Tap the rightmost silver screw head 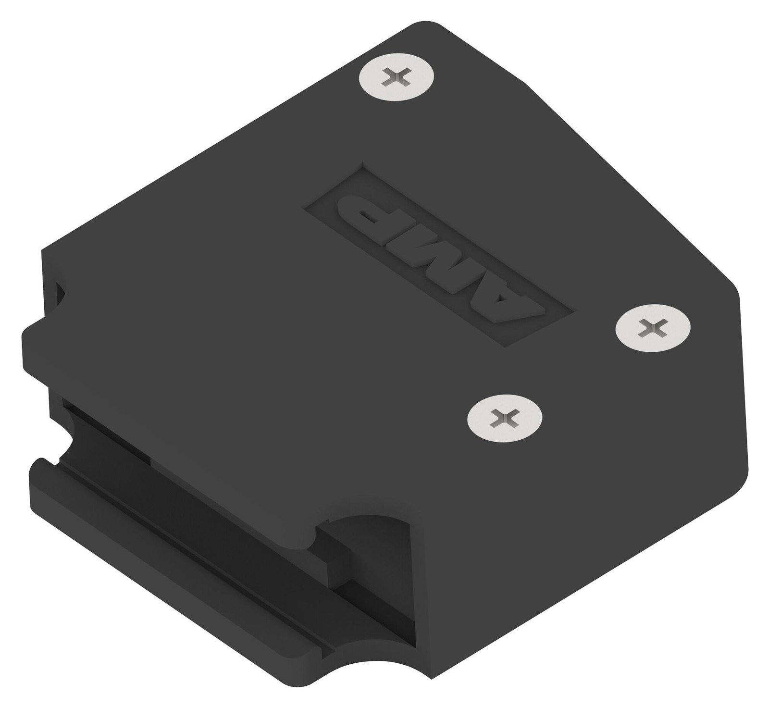click(653, 329)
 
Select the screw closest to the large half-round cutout click(505, 414)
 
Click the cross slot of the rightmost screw click(653, 329)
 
